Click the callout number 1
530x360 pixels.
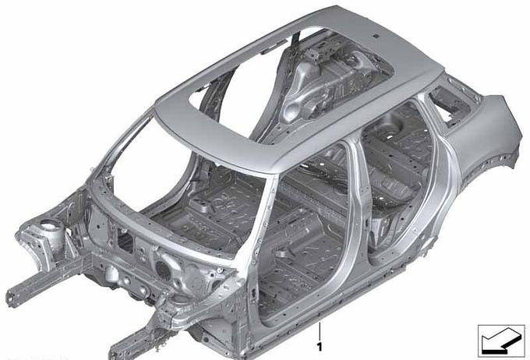click(320, 347)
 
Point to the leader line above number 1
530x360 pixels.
click(320, 331)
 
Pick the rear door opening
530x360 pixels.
click(399, 182)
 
